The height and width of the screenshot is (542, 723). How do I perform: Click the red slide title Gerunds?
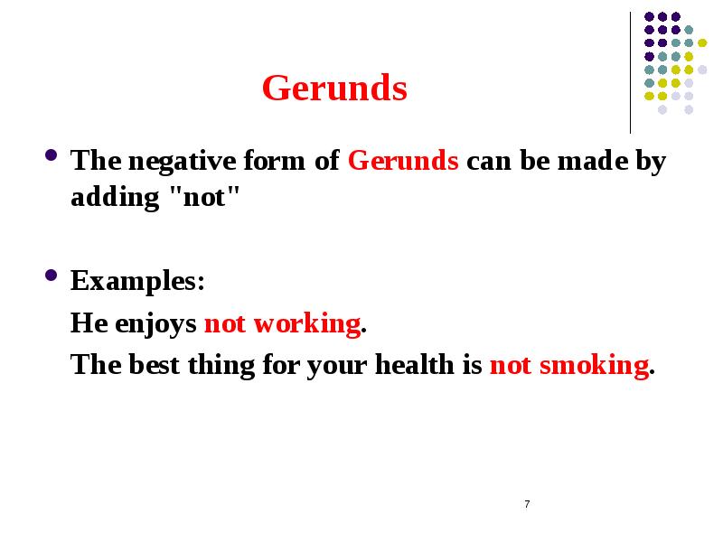334,89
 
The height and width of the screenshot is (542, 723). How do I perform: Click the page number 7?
527,503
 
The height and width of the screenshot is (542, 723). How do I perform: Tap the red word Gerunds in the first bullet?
403,163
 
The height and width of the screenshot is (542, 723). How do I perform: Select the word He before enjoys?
89,323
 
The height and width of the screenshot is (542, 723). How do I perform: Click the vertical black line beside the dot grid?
631,72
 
